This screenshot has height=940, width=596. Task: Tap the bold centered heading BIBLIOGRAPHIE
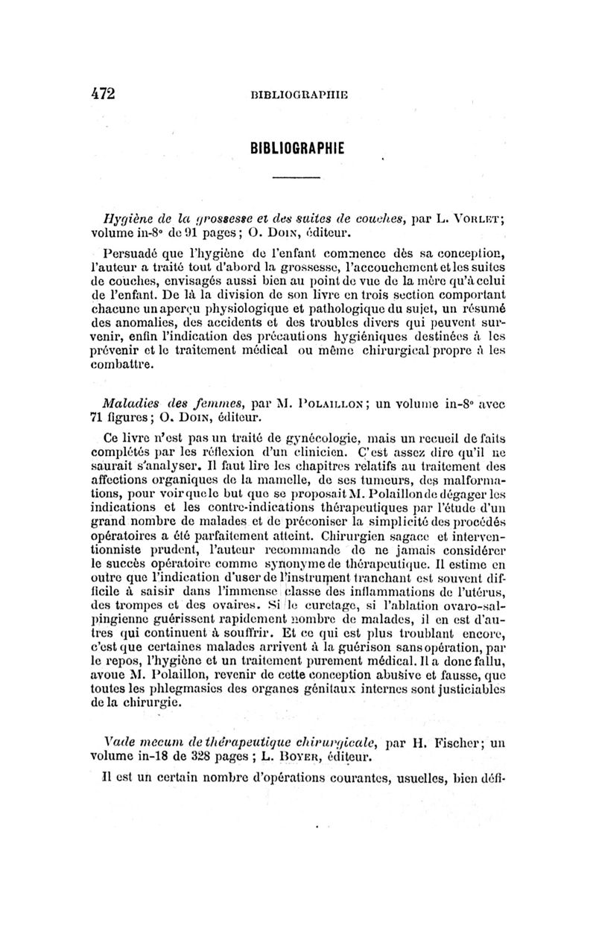[x=295, y=148]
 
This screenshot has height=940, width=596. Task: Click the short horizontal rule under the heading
[x=295, y=177]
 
